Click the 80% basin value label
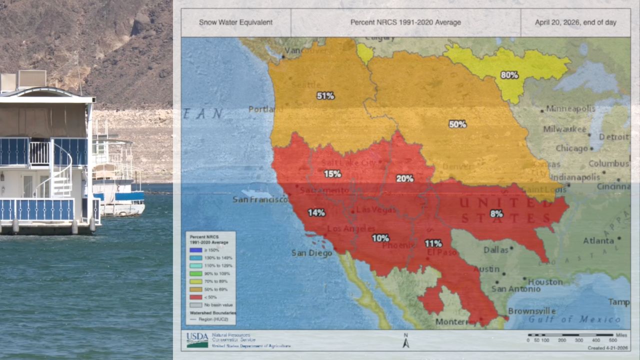(x=509, y=75)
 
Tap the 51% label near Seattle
(x=325, y=95)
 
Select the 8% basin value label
(x=496, y=213)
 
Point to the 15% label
(x=332, y=173)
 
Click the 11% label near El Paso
(x=433, y=243)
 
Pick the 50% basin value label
(x=457, y=124)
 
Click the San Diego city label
(x=311, y=253)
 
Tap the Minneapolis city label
(x=570, y=108)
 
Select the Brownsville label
(x=532, y=311)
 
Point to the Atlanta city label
(x=598, y=240)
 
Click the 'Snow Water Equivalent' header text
(x=235, y=22)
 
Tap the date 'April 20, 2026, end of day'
(x=575, y=22)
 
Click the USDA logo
(x=197, y=339)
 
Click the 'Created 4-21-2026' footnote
(x=607, y=347)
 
